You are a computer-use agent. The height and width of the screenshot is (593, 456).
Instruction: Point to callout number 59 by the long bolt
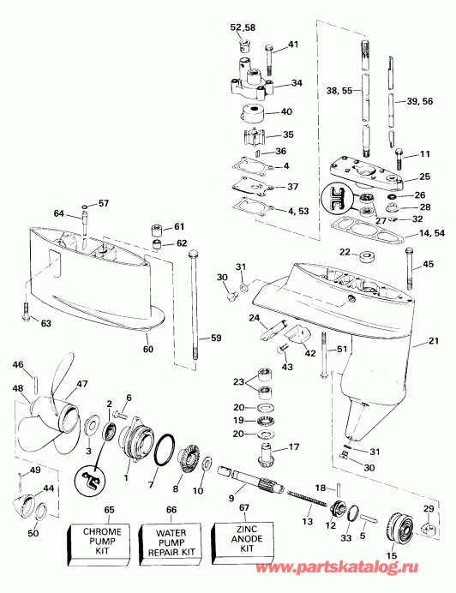[x=204, y=338]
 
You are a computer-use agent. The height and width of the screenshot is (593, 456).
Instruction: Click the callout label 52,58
[x=243, y=27]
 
